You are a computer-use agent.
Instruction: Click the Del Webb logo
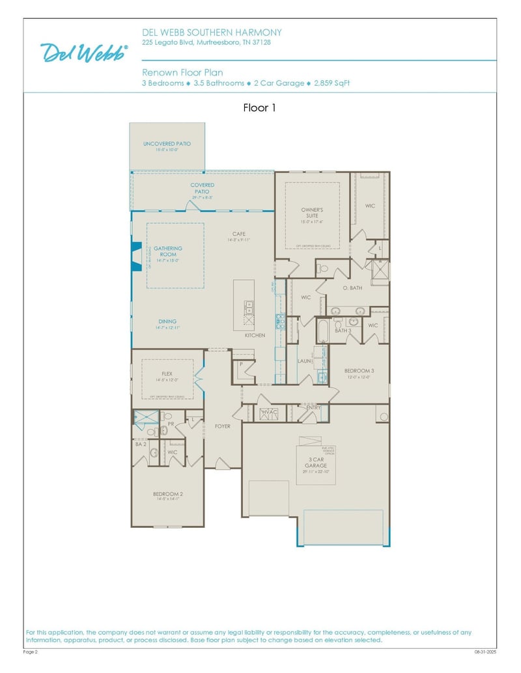point(84,53)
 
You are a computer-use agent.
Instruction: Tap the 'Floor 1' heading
point(259,108)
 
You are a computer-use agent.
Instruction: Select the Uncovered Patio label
point(167,144)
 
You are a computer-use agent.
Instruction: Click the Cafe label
point(239,234)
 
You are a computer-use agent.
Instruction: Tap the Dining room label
point(167,322)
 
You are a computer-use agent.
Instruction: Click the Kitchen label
point(255,335)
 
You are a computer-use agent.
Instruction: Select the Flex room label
point(167,374)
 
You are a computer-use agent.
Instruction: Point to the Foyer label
point(223,426)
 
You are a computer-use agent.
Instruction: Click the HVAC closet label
point(270,412)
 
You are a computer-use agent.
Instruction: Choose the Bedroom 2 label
point(167,494)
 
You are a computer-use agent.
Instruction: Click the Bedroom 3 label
point(359,370)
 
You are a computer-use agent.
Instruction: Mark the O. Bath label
point(352,288)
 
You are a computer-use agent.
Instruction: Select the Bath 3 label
point(343,331)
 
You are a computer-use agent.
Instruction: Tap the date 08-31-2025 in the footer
point(485,651)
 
